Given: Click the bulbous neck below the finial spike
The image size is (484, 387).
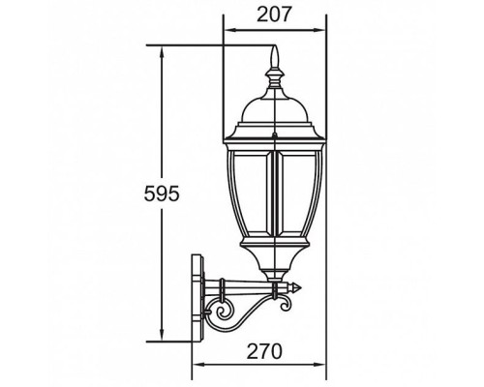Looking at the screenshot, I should (x=276, y=78).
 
